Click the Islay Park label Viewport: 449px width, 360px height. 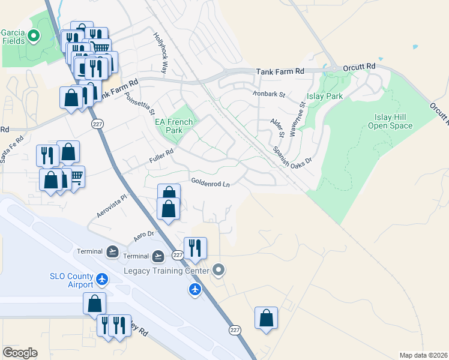(x=325, y=96)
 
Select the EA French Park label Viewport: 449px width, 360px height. (x=174, y=126)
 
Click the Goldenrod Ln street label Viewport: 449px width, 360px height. (x=211, y=182)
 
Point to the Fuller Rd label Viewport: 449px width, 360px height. (x=161, y=156)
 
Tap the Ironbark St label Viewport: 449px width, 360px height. (x=268, y=94)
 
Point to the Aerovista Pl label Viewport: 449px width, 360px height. (x=112, y=206)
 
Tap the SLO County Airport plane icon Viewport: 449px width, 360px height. (x=102, y=280)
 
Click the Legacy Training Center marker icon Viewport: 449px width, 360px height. (x=218, y=271)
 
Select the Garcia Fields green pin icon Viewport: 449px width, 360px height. (x=34, y=37)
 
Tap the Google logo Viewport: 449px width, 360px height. (x=20, y=352)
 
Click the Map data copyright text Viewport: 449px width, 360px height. (x=423, y=355)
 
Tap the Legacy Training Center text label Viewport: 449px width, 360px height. (x=166, y=271)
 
